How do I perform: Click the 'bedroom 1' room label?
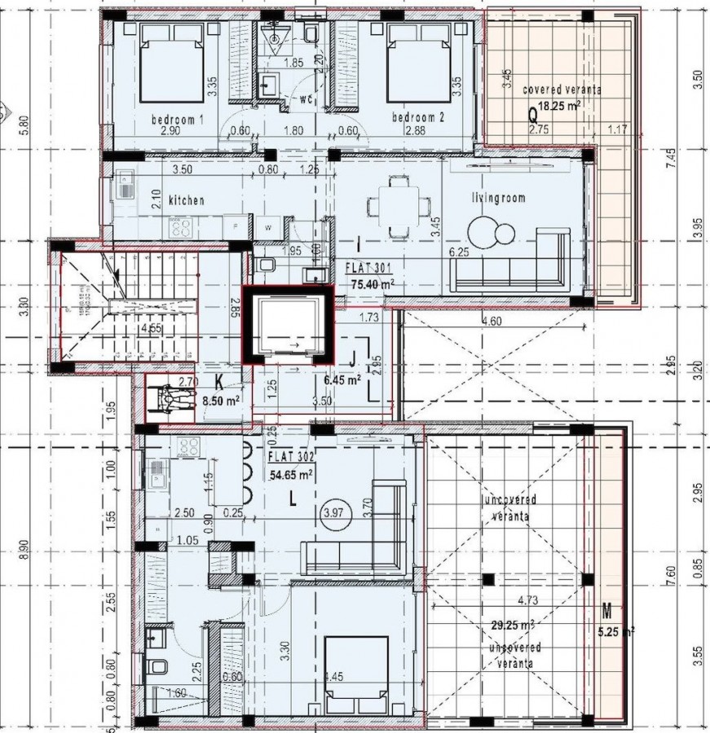coord(177,119)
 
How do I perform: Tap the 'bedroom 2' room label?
coord(418,117)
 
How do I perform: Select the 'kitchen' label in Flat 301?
coord(186,200)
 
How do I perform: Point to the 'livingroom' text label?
coord(498,197)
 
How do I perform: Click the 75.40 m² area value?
coord(373,283)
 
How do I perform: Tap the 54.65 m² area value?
coord(291,474)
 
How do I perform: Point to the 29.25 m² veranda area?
coord(513,625)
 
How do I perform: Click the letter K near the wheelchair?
coord(219,381)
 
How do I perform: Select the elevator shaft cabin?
coord(288,327)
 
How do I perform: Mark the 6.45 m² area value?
coord(342,380)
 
